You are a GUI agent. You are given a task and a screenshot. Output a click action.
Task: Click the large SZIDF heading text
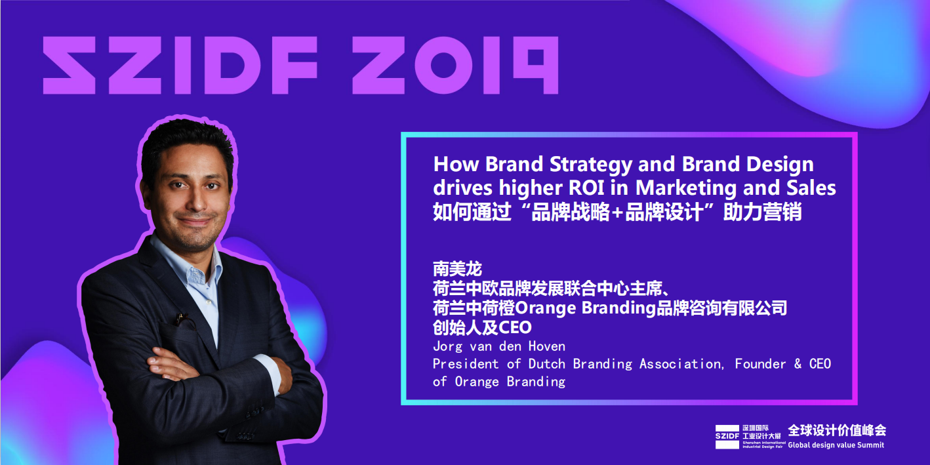[180, 65]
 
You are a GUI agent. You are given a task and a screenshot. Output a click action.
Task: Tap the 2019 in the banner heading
[455, 65]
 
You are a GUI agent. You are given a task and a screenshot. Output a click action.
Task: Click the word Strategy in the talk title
[591, 165]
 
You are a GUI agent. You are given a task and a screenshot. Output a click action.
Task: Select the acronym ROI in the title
[586, 188]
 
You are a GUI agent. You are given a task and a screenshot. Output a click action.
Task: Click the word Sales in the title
[811, 188]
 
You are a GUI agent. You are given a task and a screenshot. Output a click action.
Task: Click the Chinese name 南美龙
[458, 269]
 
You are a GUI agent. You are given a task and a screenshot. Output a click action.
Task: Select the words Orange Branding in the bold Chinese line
[585, 308]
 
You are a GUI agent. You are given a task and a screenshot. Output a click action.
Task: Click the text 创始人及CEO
[482, 327]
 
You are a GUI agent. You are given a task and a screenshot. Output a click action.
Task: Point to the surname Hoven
[547, 346]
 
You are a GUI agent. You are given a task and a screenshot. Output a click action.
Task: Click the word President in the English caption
[466, 364]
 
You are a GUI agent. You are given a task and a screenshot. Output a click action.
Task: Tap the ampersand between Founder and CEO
[798, 364]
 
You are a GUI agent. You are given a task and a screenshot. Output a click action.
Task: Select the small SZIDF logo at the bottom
[727, 436]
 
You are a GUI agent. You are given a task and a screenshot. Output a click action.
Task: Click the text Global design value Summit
[836, 445]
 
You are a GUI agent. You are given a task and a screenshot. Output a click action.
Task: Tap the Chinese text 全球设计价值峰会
[837, 430]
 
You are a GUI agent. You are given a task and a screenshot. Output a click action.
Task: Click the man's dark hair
[187, 139]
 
